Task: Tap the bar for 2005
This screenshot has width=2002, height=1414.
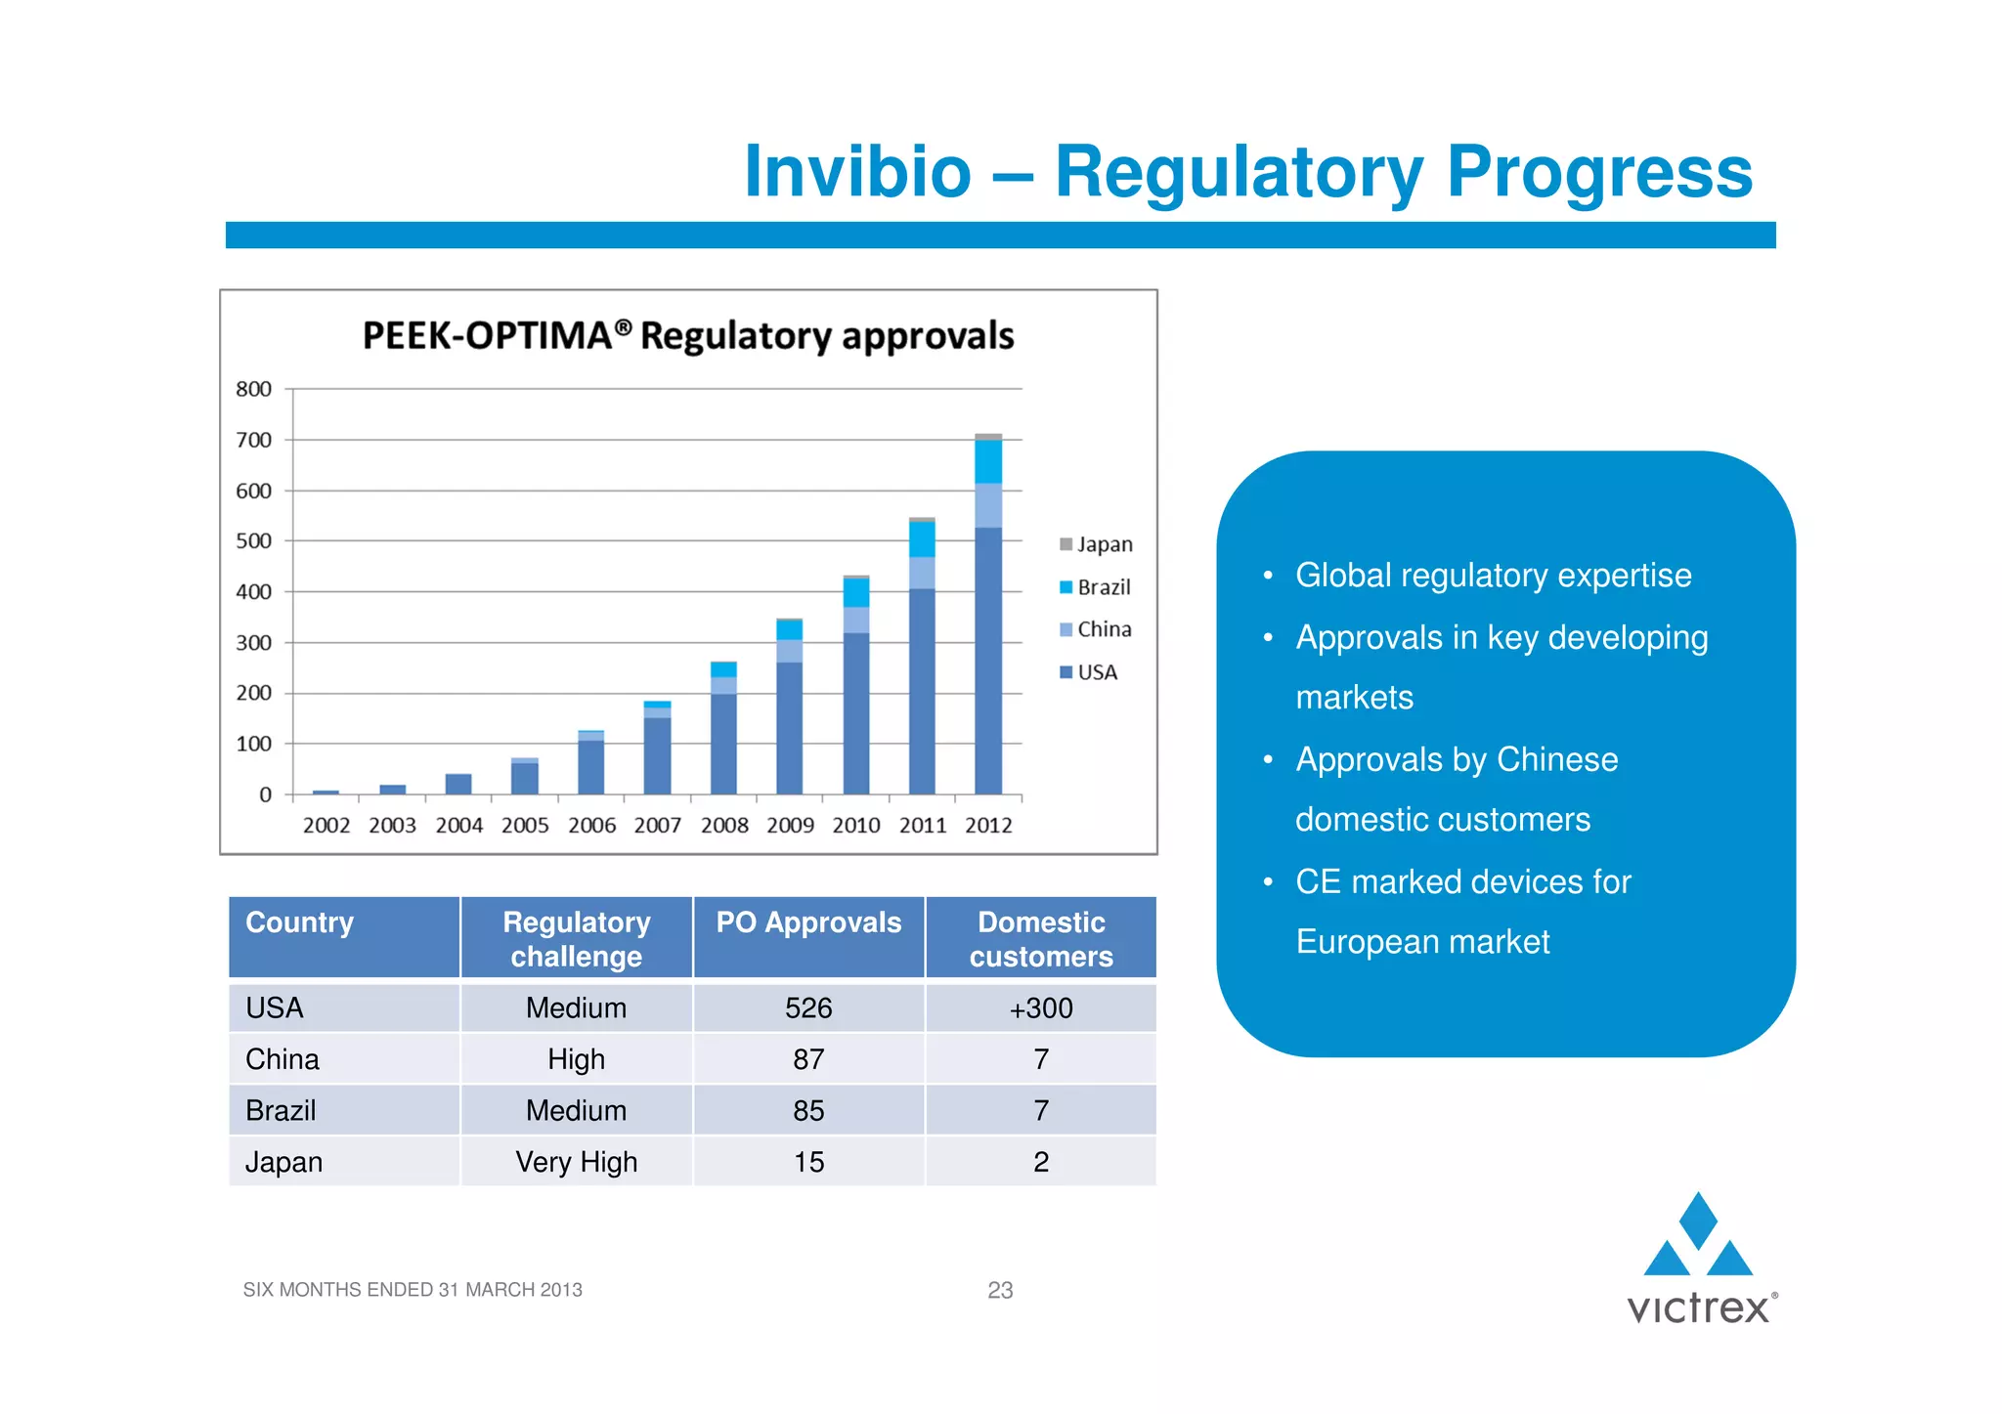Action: pos(525,777)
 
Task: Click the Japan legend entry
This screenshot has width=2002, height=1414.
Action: pos(1096,544)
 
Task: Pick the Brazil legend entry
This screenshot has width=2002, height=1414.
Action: pos(1096,587)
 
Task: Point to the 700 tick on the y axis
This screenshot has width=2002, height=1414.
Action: pos(254,440)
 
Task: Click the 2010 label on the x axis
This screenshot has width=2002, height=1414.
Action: pos(856,826)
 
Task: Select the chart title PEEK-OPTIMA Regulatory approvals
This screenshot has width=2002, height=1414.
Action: pos(688,335)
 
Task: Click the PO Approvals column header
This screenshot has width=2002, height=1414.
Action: pos(808,923)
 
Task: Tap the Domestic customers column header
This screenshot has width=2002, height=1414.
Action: pos(1041,939)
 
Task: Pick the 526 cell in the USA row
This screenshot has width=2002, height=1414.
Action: pos(808,1008)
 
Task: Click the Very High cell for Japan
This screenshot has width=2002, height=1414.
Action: pos(576,1162)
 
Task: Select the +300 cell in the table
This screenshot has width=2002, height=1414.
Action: pos(1041,1008)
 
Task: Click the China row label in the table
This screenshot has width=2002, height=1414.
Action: pos(283,1059)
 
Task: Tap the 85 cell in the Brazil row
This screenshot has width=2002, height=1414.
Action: pos(808,1111)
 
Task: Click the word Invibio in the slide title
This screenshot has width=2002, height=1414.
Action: pos(857,172)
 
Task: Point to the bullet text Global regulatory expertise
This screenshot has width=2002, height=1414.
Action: pos(1493,576)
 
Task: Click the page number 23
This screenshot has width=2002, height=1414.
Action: pos(1000,1291)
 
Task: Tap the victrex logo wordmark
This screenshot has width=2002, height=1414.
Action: pos(1698,1308)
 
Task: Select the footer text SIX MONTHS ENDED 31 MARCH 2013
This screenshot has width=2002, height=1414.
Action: pos(413,1290)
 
